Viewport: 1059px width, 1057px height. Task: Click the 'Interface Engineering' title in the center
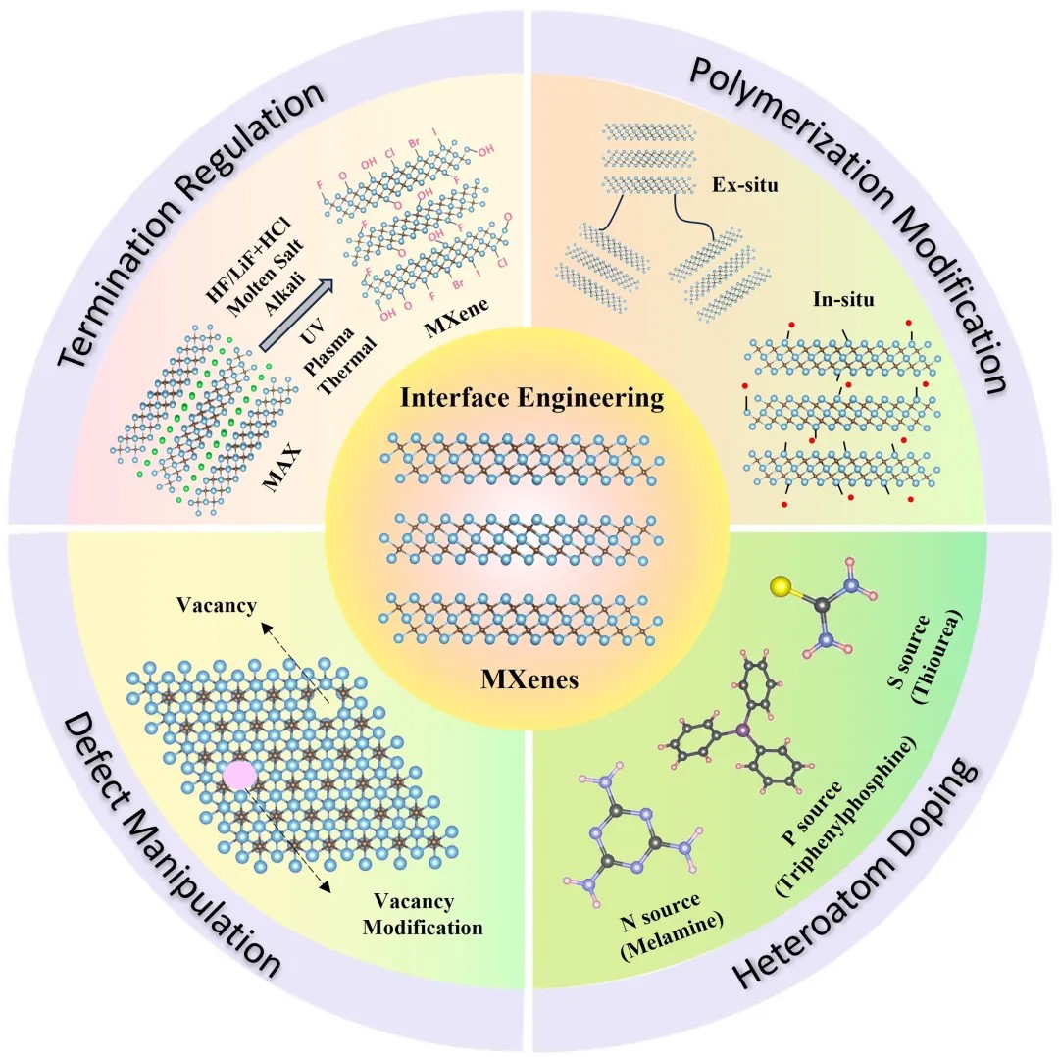(530, 399)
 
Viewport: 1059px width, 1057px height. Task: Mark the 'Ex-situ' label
(746, 183)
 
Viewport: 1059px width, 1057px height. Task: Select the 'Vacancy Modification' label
(423, 914)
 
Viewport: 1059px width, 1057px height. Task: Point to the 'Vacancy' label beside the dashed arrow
(217, 606)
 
